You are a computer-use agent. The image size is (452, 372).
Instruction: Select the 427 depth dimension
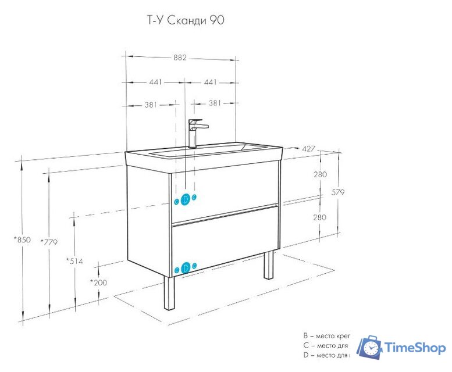pos(308,149)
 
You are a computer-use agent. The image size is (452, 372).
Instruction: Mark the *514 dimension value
pos(74,261)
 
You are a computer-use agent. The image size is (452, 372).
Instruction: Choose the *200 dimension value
pos(98,282)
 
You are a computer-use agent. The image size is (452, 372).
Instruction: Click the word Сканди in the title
pos(183,20)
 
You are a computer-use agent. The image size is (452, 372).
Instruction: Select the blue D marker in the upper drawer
pos(186,200)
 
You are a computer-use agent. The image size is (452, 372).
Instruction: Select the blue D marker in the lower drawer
pos(186,267)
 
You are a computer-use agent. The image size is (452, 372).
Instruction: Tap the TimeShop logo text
pos(414,348)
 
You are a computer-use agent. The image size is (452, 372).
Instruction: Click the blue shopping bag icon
pos(369,348)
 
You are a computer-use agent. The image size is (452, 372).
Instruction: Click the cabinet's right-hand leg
pos(269,265)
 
